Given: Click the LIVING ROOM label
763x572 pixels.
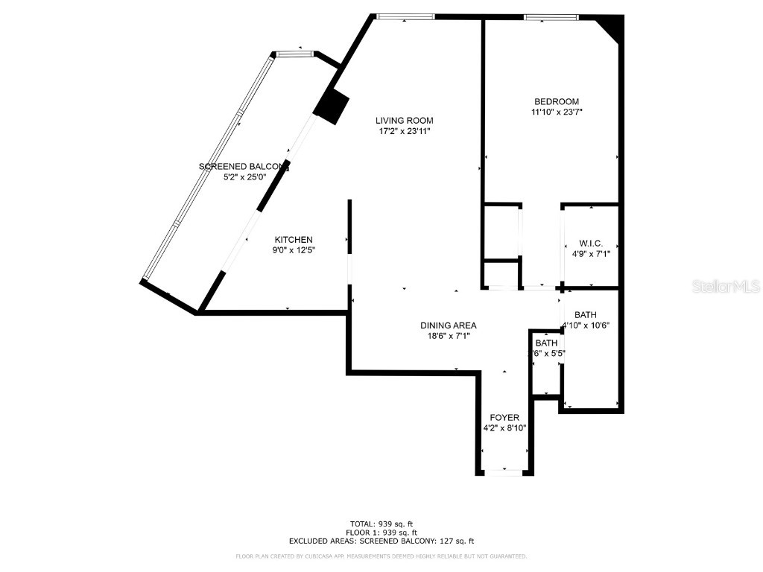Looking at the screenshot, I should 404,121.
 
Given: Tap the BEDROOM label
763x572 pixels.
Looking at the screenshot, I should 556,102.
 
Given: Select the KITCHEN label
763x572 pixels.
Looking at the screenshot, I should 294,240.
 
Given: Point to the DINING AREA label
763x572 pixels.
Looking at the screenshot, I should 448,325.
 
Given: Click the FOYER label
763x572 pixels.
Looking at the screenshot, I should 504,418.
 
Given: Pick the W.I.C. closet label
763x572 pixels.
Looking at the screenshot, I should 591,244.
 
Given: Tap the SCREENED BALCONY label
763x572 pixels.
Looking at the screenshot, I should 243,166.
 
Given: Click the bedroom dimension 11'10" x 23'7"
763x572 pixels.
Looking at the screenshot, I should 556,112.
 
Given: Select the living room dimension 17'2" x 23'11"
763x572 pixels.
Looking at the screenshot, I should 404,131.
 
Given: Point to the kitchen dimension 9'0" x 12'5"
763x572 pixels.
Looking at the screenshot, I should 294,250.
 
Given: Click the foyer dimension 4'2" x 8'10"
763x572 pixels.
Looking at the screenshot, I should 504,428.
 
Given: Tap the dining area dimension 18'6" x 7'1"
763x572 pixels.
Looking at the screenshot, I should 448,336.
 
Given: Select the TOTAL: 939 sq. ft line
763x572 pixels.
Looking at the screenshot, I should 381,524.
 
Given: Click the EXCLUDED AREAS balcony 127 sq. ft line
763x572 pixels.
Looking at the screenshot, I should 381,541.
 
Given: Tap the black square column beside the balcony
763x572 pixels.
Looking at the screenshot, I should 332,106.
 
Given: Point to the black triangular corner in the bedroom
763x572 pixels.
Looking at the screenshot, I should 612,28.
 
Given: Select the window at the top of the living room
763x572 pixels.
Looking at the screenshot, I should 405,16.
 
